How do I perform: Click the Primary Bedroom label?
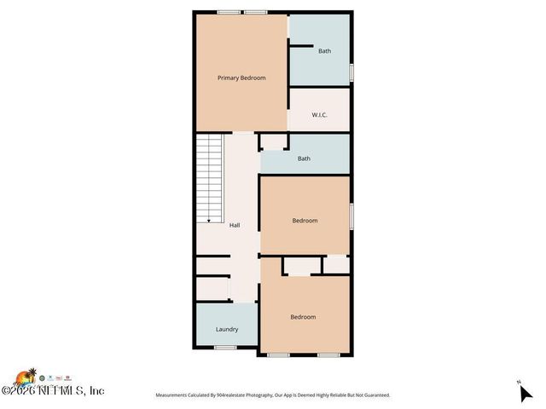[x=241, y=78]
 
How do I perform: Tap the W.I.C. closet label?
[x=320, y=114]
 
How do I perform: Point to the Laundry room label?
[x=226, y=330]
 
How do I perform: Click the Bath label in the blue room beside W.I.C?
[x=324, y=51]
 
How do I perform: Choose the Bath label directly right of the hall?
[x=304, y=158]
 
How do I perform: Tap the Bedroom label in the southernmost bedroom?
[x=303, y=317]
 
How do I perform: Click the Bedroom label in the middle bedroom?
[x=305, y=221]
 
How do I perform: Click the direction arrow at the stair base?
[x=209, y=219]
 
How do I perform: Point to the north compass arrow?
[x=525, y=393]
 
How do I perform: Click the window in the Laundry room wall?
[x=225, y=348]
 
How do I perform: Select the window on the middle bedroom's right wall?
[x=351, y=216]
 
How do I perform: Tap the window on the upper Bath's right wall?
[x=351, y=72]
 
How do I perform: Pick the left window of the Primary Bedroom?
[x=227, y=12]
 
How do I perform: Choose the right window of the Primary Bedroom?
[x=255, y=12]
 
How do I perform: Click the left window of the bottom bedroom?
[x=278, y=354]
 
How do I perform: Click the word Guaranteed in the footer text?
[x=371, y=395]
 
